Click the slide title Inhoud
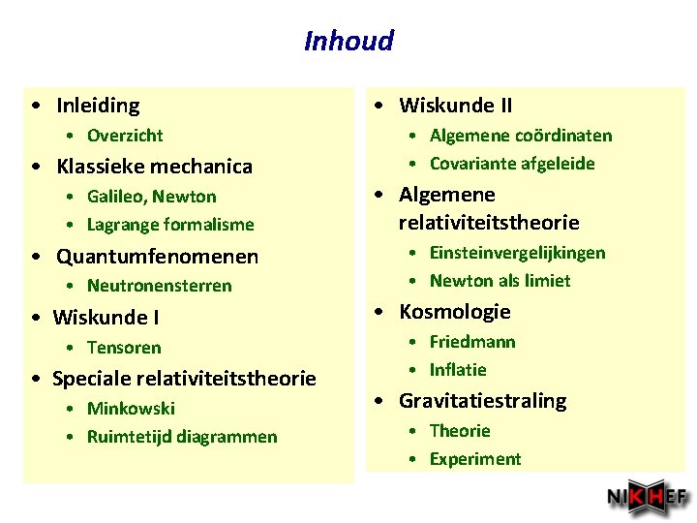[348, 41]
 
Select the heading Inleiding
[98, 106]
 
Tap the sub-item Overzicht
[125, 136]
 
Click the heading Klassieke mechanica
[154, 167]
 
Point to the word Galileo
[115, 197]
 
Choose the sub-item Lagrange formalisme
[170, 225]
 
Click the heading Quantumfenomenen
[157, 257]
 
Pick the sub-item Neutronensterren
[159, 286]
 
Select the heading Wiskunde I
[106, 318]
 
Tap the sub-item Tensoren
[124, 348]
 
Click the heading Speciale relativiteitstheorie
[184, 378]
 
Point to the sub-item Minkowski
[131, 409]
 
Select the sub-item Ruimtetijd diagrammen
[182, 437]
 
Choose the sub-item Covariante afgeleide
[512, 164]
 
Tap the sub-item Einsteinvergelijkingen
[517, 253]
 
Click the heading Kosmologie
[454, 312]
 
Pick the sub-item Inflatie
[458, 370]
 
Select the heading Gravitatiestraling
[482, 401]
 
